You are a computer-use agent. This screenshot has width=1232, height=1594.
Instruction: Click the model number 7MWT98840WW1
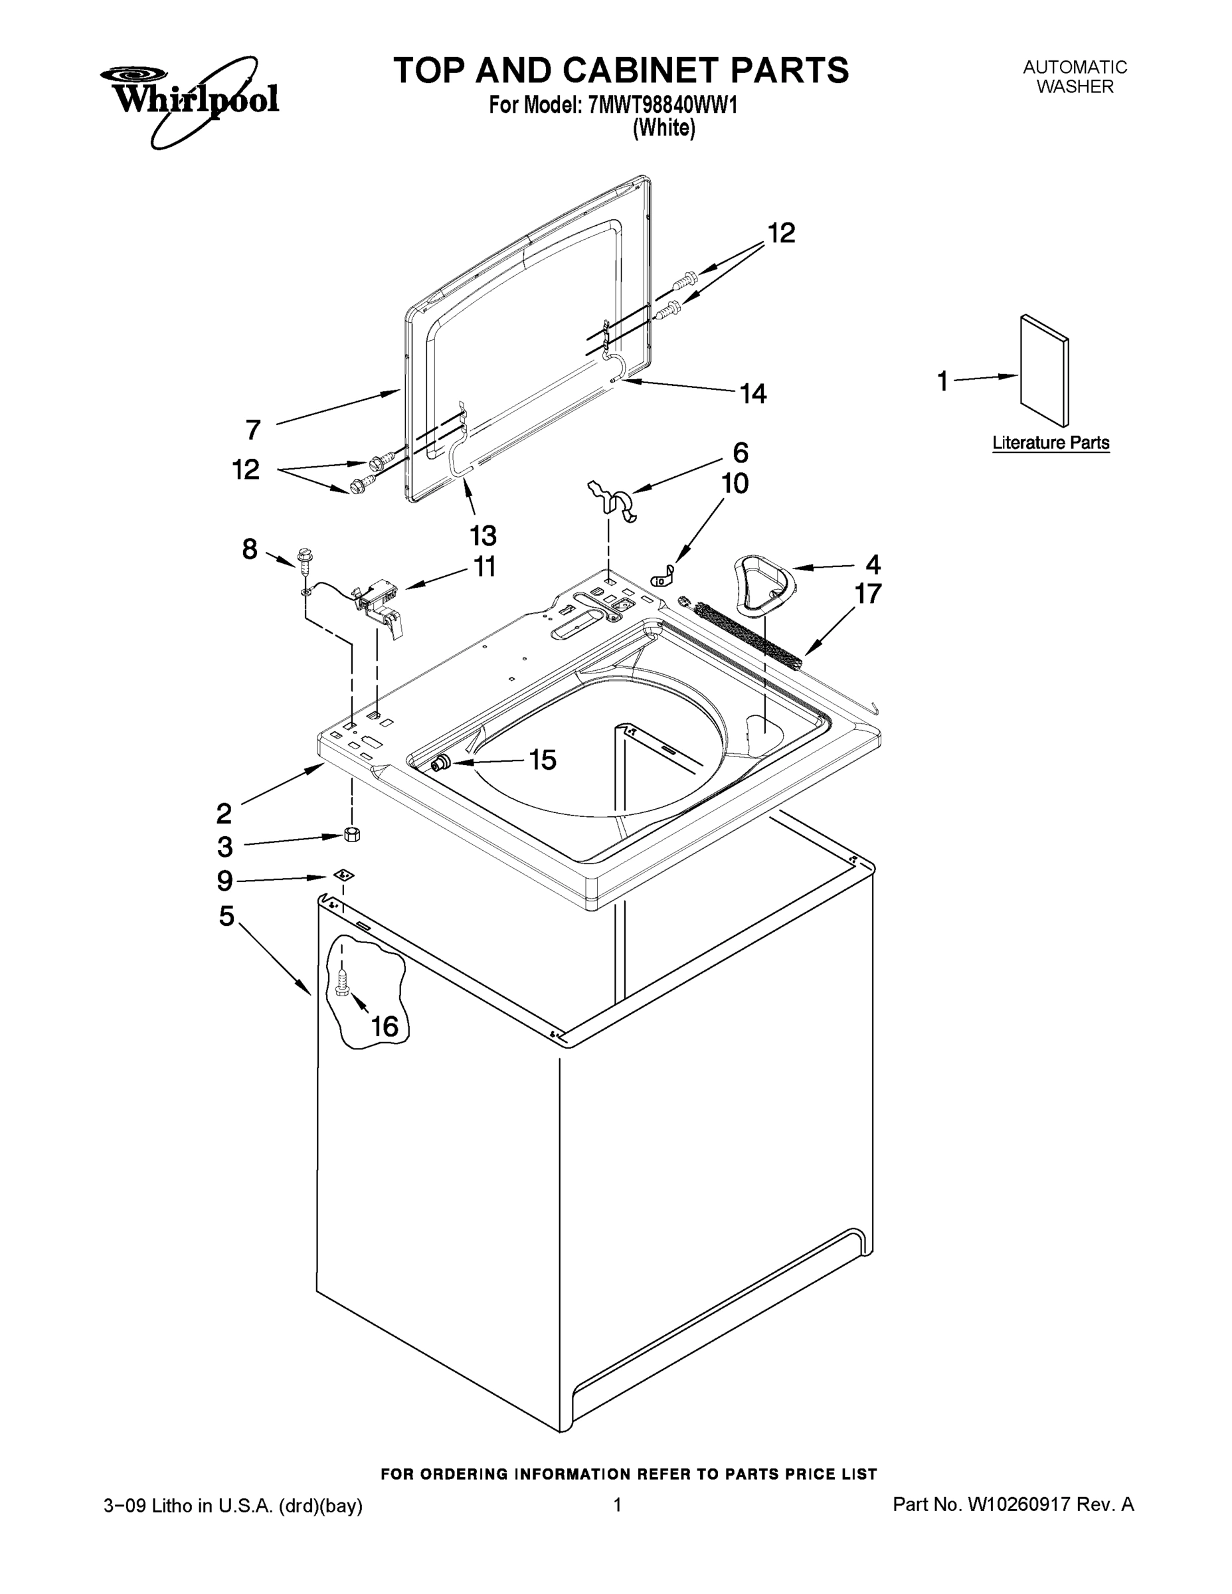661,105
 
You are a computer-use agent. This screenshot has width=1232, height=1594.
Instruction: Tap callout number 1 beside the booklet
942,381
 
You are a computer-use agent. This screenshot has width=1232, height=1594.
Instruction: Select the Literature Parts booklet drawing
1045,371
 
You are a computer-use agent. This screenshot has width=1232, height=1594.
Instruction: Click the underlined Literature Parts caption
1050,443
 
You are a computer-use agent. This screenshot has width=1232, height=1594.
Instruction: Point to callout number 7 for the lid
253,429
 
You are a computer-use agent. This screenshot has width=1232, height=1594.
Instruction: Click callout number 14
753,394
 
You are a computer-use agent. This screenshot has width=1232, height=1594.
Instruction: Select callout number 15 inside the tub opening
543,760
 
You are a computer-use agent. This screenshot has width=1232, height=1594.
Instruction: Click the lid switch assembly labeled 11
378,598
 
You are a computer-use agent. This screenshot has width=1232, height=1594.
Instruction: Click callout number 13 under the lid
482,536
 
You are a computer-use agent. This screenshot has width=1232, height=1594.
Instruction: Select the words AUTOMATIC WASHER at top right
1075,76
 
